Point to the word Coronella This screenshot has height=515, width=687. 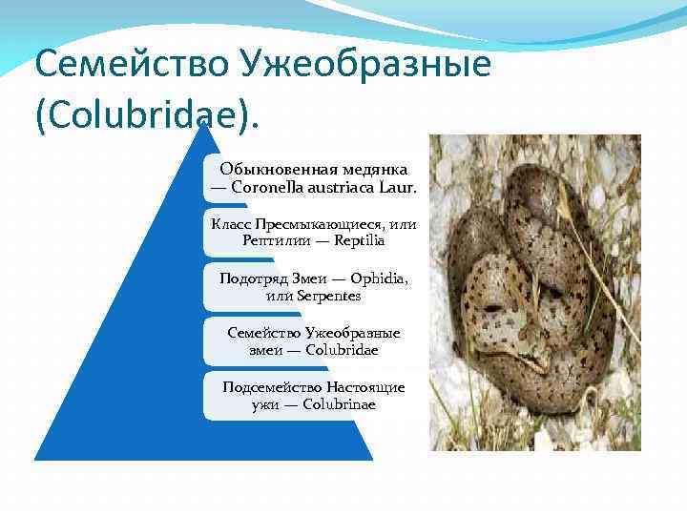pos(268,187)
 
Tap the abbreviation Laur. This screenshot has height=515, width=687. pos(399,187)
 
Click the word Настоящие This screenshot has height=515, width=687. pos(366,387)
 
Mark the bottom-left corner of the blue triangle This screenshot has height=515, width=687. pos(36,459)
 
